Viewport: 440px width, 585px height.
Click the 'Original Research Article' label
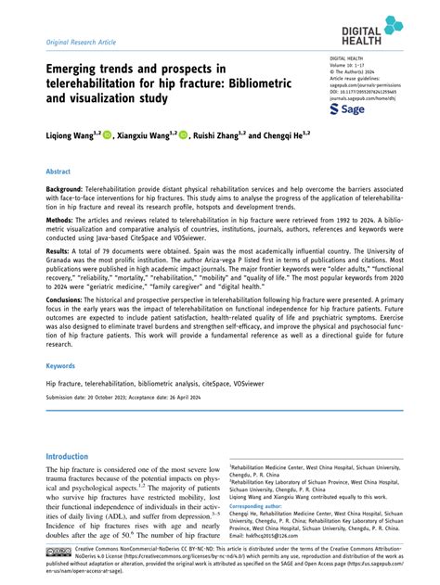click(75, 44)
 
